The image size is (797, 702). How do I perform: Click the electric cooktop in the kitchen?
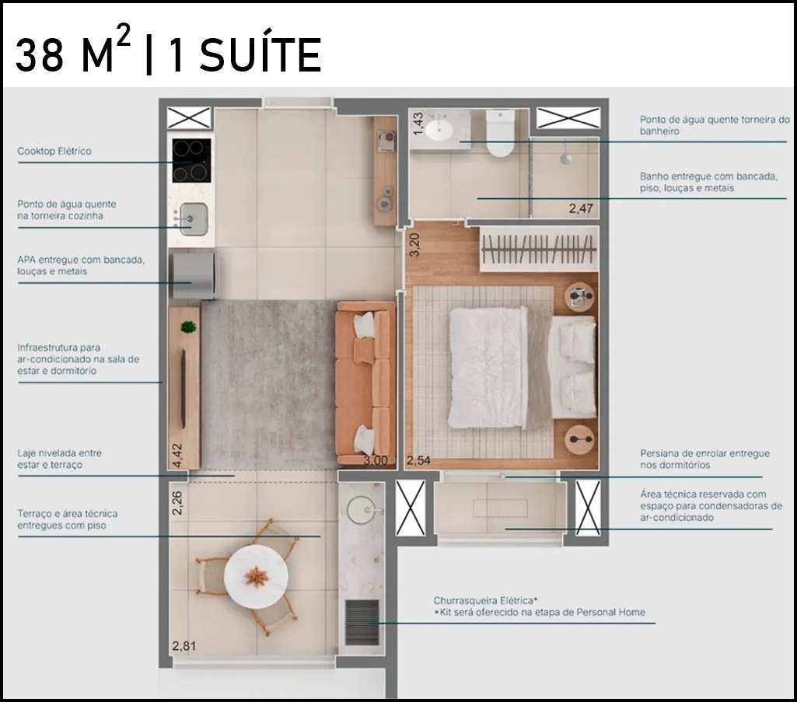tap(191, 161)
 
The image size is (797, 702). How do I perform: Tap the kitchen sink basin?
tap(194, 219)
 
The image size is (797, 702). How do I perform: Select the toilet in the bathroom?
tap(500, 134)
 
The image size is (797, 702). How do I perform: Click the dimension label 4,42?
tap(177, 456)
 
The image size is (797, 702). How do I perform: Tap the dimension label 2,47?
tap(581, 208)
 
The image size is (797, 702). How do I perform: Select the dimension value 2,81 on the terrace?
tap(184, 646)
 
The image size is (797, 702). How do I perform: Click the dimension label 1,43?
tap(418, 124)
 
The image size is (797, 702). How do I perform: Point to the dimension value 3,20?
tap(414, 245)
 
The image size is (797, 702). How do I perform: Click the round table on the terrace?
tap(256, 577)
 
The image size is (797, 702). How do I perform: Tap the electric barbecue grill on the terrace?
tap(362, 622)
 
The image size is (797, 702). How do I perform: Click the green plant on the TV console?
tap(189, 327)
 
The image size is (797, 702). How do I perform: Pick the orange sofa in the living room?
tap(365, 383)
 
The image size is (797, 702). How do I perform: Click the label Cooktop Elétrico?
tap(54, 151)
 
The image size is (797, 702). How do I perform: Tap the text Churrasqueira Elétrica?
tap(486, 600)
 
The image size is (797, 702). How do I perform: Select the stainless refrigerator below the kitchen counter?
tap(195, 276)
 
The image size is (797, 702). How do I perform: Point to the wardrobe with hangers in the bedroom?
tap(539, 250)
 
